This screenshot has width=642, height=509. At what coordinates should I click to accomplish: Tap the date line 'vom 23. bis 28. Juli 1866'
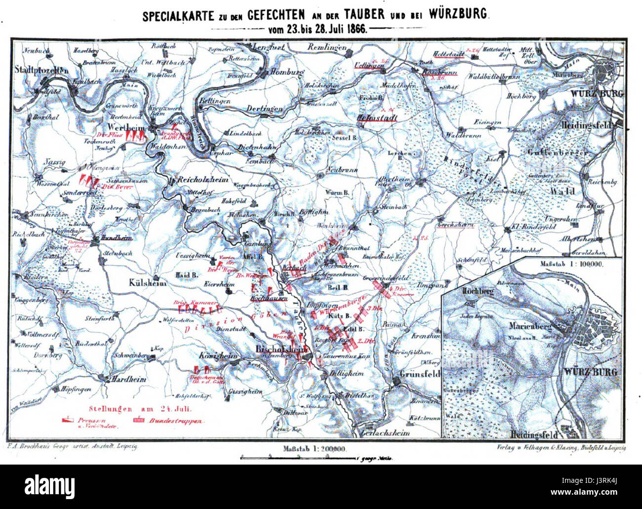[317, 29]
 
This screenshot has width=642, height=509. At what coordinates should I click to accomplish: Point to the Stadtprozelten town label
[41, 70]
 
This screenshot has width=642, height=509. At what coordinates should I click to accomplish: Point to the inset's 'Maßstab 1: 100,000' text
[573, 264]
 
